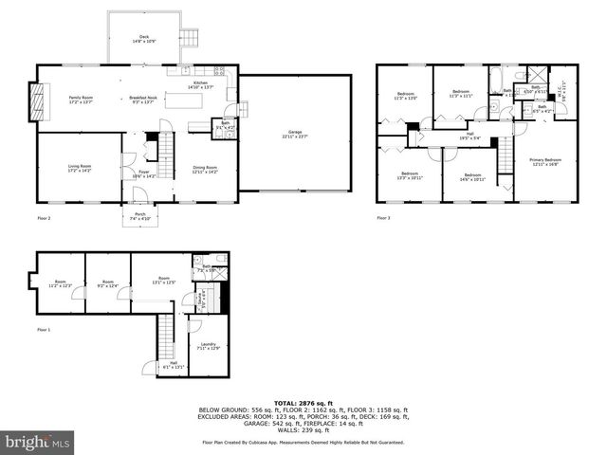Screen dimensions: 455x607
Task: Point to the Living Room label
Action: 79,169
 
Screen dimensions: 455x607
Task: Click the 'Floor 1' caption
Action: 44,329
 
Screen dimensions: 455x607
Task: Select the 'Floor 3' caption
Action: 382,218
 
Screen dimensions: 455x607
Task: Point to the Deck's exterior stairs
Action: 191,37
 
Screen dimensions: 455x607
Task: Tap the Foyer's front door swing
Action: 138,195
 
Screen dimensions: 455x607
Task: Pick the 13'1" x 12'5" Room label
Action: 163,282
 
